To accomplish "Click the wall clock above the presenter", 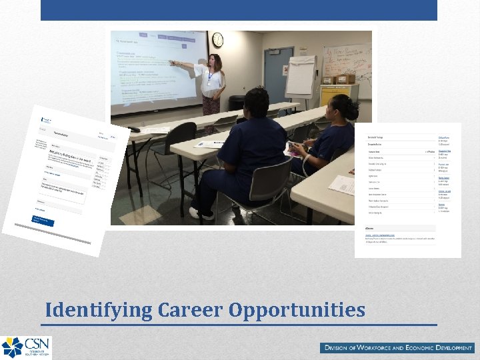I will pos(217,40).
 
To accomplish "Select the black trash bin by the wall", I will pos(237,103).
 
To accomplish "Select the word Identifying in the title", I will pos(99,311).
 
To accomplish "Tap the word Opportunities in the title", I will pos(297,311).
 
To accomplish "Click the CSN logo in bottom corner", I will pos(25,347).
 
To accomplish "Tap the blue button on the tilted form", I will pos(44,219).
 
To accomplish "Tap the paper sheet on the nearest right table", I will pos(343,185).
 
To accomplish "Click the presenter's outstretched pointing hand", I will pos(172,63).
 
